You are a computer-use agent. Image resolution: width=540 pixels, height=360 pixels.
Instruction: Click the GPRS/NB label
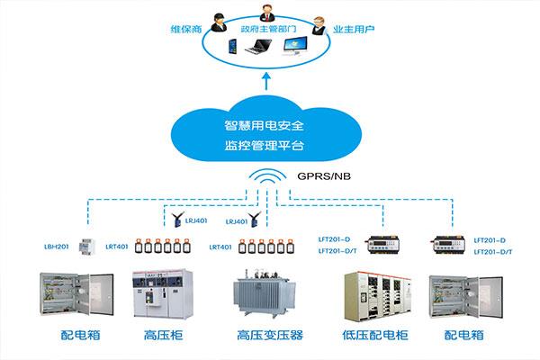(319, 177)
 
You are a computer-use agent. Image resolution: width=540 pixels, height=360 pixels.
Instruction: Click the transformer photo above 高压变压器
(267, 292)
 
